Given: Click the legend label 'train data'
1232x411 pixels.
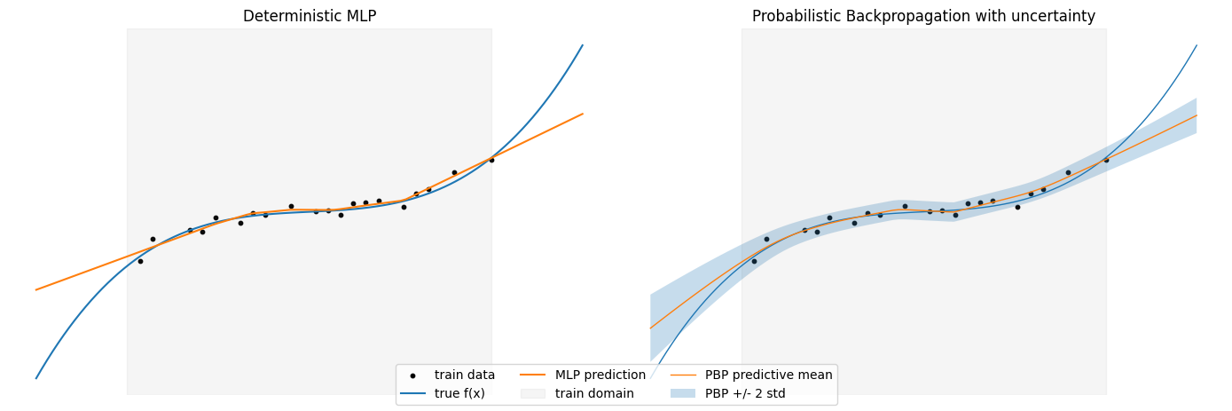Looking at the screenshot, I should pyautogui.click(x=464, y=375).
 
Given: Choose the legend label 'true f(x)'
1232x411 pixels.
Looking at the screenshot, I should pyautogui.click(x=459, y=393).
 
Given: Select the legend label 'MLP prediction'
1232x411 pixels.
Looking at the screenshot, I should pyautogui.click(x=600, y=375).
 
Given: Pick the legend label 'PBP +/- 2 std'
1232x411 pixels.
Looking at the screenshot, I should pyautogui.click(x=745, y=393).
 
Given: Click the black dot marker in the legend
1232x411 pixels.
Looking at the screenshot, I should pyautogui.click(x=412, y=375).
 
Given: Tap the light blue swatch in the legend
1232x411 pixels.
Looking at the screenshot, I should pyautogui.click(x=682, y=393).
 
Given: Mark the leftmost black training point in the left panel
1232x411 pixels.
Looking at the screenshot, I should pyautogui.click(x=140, y=261).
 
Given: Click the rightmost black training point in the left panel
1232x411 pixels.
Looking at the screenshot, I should pyautogui.click(x=491, y=160).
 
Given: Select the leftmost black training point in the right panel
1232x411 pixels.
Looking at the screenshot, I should pyautogui.click(x=754, y=261).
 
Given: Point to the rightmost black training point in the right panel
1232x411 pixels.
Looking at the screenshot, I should pyautogui.click(x=1106, y=160).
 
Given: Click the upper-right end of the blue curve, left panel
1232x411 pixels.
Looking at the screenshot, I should pyautogui.click(x=583, y=45).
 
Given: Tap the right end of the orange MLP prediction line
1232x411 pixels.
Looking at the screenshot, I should pyautogui.click(x=583, y=114).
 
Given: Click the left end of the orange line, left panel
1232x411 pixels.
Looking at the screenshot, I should pyautogui.click(x=36, y=289).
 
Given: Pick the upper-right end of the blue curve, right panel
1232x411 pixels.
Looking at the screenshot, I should pyautogui.click(x=1197, y=45).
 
